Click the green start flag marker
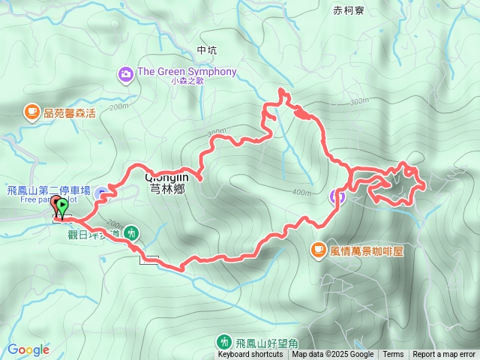(x=63, y=205)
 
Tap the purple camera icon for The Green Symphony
(x=125, y=73)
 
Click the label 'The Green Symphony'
(x=186, y=72)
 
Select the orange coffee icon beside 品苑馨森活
(x=31, y=112)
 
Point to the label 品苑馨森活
(x=70, y=113)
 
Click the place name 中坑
(x=206, y=50)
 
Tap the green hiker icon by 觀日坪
(x=132, y=232)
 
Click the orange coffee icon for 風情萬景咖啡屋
(x=319, y=250)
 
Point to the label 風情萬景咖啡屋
(x=367, y=250)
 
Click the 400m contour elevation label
(x=301, y=193)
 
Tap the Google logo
(x=28, y=349)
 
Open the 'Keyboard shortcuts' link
(x=250, y=355)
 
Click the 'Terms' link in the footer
(x=393, y=355)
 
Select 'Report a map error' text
(x=445, y=355)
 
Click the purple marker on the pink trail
(x=338, y=197)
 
